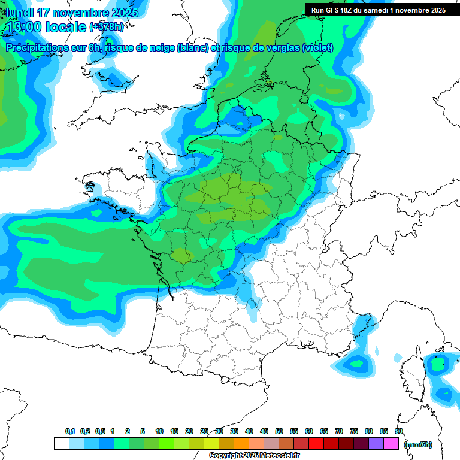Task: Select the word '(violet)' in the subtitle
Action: point(318,48)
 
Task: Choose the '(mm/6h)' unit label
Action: point(417,444)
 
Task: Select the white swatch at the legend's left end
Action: point(61,444)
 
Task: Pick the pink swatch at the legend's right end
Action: point(391,444)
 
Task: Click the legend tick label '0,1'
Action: point(69,432)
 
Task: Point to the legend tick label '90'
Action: point(399,432)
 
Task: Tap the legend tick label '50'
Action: point(279,432)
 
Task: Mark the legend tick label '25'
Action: point(204,432)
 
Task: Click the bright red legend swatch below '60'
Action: point(316,444)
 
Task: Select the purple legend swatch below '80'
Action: point(376,444)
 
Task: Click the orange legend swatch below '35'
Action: point(241,444)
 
